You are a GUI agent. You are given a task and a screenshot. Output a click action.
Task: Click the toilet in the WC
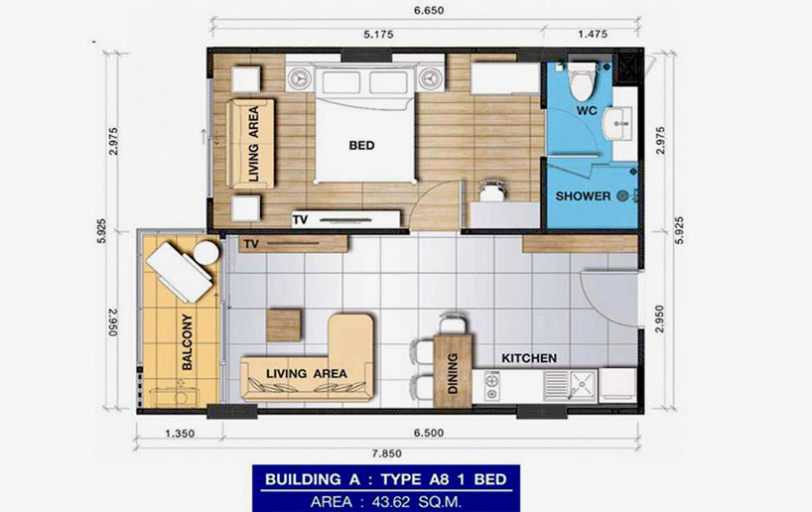coord(581,80)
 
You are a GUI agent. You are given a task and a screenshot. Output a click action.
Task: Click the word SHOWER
coord(583,196)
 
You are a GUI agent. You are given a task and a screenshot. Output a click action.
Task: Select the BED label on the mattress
coord(361,146)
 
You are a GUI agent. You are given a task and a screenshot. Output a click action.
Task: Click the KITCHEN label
coord(529,358)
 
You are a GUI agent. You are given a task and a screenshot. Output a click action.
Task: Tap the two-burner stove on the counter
coord(491,386)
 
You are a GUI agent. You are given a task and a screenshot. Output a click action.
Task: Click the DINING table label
coord(453,373)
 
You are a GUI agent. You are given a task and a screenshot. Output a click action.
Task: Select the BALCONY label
coord(188,341)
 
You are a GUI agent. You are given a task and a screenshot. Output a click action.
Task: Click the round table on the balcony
coord(206,253)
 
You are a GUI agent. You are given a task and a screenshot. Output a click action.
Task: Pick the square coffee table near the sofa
coord(283,325)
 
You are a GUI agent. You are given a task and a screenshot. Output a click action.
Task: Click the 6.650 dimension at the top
coord(428,10)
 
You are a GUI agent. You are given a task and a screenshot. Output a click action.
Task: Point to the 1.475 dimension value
coord(593,34)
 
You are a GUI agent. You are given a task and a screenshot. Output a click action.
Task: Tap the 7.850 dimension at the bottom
coord(387,453)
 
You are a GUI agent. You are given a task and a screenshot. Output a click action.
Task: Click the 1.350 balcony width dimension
coord(180,434)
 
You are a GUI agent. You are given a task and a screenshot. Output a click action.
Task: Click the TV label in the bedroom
coord(300,220)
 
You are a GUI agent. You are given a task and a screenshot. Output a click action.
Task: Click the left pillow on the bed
coord(340,82)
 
